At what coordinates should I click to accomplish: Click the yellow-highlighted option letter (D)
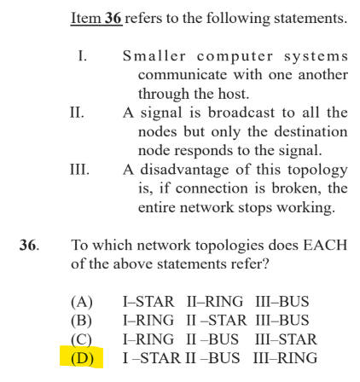click(82, 358)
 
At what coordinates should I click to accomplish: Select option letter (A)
click(82, 302)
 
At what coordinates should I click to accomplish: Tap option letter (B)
click(82, 321)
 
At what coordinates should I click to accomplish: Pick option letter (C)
click(82, 339)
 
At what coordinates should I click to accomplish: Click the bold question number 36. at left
click(29, 245)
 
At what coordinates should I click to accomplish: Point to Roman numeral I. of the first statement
click(83, 55)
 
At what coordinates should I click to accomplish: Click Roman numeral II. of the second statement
click(77, 113)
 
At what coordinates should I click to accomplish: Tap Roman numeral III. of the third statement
click(79, 170)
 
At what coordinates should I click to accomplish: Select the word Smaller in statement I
click(154, 55)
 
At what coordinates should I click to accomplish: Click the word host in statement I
click(233, 94)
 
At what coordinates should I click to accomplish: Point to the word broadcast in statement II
click(241, 113)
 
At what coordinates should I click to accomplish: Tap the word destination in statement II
click(311, 131)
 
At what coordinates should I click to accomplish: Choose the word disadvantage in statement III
click(184, 170)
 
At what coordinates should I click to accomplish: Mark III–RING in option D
click(285, 358)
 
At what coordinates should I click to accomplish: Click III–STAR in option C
click(286, 339)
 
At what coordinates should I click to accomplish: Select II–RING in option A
click(215, 302)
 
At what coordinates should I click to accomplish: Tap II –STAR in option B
click(217, 321)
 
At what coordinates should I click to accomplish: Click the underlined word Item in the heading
click(86, 18)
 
